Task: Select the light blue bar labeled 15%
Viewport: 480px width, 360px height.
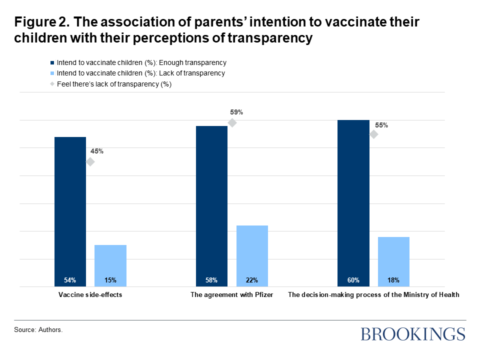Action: pos(110,265)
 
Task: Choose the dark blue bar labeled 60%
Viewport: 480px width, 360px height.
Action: pos(353,203)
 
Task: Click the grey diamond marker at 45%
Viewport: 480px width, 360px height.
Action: pos(90,161)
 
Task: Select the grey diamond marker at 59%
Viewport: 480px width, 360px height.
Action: pos(232,123)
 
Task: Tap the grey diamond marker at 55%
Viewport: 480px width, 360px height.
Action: pos(373,134)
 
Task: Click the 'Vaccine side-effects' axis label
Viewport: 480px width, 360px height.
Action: pos(90,295)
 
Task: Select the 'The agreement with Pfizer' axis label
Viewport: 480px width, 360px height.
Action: pos(232,295)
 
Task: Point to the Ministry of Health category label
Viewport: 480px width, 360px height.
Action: pos(373,295)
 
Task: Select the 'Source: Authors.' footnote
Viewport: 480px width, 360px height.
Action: pos(38,330)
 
